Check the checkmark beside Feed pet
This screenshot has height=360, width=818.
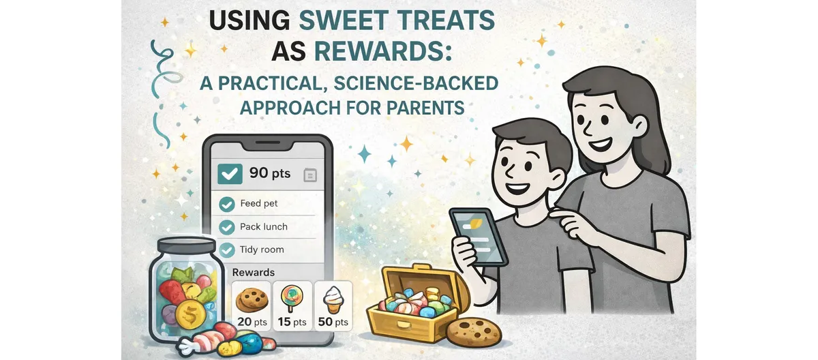click(227, 204)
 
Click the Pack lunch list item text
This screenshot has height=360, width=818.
click(264, 226)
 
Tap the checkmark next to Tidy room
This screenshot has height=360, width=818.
click(227, 250)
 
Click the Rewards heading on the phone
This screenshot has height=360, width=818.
click(254, 272)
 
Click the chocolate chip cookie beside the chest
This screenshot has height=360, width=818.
click(474, 331)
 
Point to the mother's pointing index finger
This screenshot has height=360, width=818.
click(556, 216)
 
